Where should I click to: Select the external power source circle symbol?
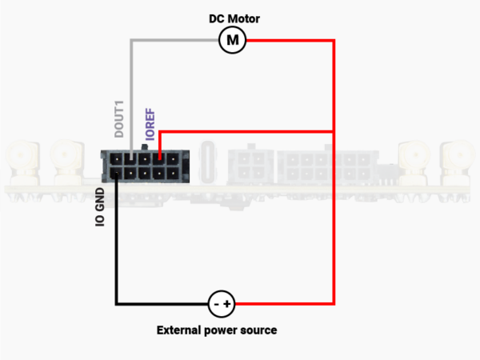[x=222, y=304]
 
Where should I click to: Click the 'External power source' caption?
[x=217, y=330]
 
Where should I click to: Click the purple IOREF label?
[x=149, y=123]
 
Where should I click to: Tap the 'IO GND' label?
[x=101, y=206]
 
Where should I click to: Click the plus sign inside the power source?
[x=228, y=304]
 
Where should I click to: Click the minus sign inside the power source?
[x=216, y=304]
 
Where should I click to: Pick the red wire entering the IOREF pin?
[x=161, y=144]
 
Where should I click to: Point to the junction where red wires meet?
[x=333, y=130]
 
